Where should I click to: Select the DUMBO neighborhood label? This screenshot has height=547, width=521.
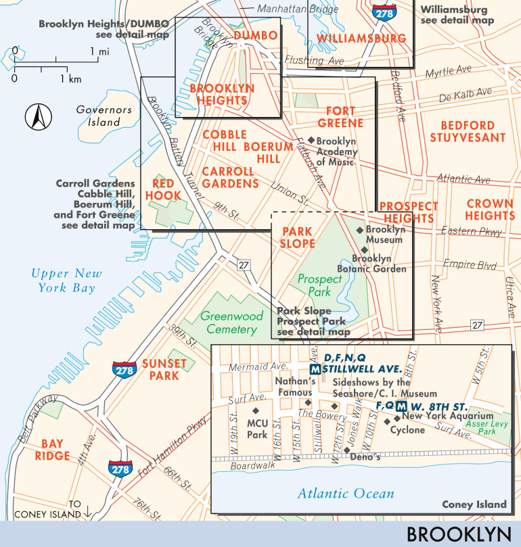pos(255,36)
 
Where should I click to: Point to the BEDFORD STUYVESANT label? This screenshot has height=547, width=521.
pos(472,131)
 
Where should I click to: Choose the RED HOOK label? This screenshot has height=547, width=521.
pos(166,189)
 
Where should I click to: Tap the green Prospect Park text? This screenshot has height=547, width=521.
pos(315,285)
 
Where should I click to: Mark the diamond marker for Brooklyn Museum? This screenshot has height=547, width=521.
pos(360,230)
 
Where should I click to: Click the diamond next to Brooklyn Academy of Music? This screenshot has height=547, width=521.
pos(311,141)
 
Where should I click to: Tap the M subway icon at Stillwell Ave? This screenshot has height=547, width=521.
pos(315,369)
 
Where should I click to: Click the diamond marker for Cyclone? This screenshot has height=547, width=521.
pos(386,422)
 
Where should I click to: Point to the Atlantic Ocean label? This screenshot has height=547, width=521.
pos(346,494)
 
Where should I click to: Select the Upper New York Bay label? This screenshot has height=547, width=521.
pos(66,281)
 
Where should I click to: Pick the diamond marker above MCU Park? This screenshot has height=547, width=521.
pos(256,410)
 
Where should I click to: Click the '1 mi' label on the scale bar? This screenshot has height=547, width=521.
pos(99,51)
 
